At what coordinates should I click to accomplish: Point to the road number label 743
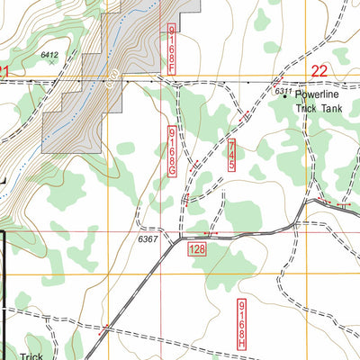coord(231,155)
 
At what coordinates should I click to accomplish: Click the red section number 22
coord(319,70)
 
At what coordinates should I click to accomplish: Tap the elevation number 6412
coord(49,55)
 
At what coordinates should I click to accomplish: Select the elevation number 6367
coord(148,239)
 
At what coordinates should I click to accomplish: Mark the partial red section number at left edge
coord(4,70)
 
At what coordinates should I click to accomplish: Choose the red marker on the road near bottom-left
coord(105,327)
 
